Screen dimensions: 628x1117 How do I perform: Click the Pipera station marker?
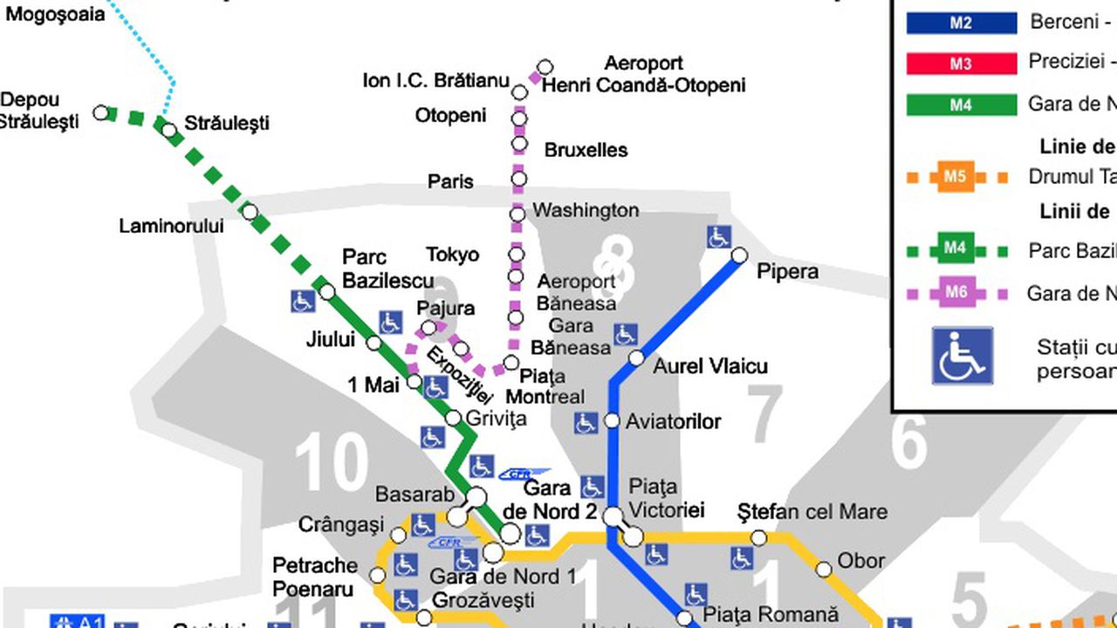(739, 256)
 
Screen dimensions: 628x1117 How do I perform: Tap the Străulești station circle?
(169, 131)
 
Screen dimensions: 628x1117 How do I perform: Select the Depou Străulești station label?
(39, 111)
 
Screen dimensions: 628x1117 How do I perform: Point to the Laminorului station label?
(171, 227)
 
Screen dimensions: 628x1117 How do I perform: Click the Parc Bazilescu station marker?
(327, 291)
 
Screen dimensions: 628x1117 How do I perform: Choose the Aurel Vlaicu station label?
(710, 366)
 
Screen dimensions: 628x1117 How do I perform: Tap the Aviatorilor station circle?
(612, 421)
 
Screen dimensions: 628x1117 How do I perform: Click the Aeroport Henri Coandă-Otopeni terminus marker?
(545, 67)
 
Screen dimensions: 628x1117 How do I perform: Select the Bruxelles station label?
(586, 150)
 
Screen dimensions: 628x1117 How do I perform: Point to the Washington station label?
(586, 210)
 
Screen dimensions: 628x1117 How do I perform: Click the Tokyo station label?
(452, 255)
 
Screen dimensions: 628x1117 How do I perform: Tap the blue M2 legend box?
(961, 23)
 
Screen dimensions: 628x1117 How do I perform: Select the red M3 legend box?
(961, 64)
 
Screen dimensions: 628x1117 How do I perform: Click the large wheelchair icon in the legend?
(963, 356)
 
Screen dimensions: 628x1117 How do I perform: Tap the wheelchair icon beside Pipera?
(718, 236)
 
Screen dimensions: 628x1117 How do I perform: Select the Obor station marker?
(824, 570)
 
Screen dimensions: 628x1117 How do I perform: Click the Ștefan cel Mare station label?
(812, 512)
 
